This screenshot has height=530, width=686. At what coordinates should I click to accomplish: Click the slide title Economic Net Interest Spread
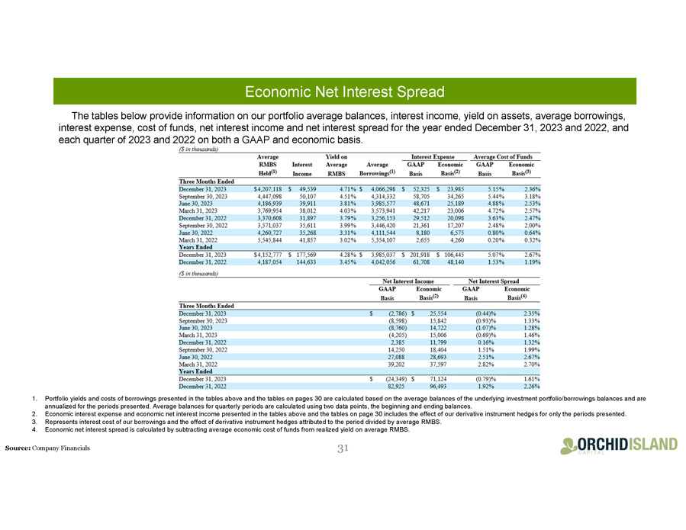tap(343, 92)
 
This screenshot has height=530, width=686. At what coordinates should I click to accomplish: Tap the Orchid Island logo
tap(618, 446)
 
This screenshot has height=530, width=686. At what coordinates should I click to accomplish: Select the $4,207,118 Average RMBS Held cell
tap(262, 188)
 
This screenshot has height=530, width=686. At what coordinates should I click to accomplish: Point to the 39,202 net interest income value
tap(389, 365)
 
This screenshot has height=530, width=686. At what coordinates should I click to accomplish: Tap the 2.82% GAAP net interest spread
tap(486, 365)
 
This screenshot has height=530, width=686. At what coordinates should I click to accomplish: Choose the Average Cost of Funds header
tap(504, 156)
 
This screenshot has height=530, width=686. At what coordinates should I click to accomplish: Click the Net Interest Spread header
tap(504, 281)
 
